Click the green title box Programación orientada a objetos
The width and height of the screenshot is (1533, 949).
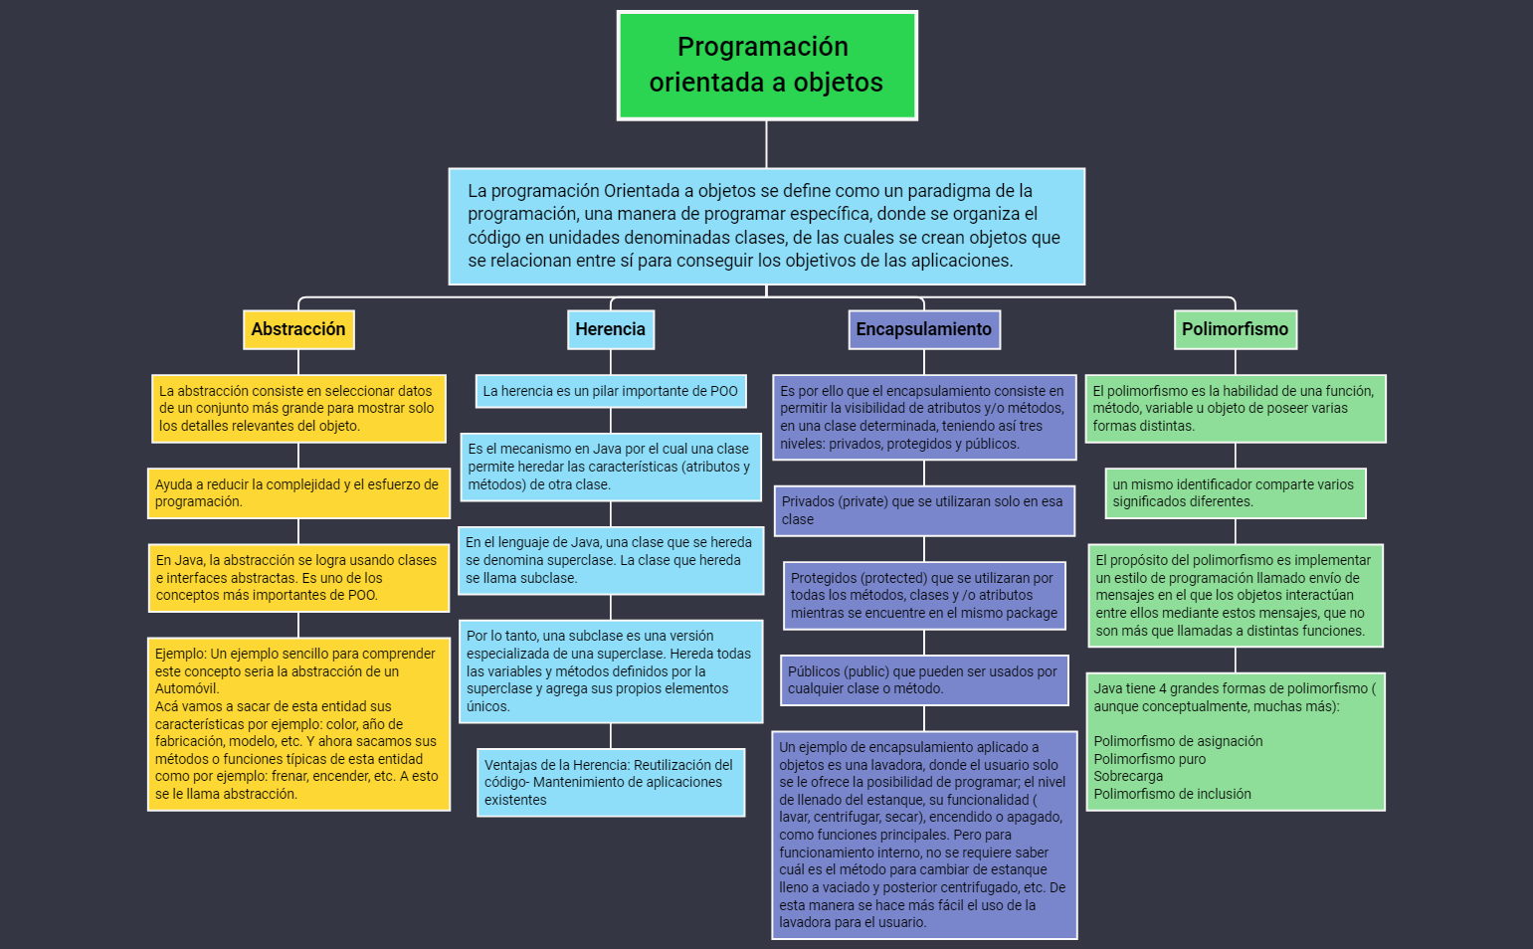766,66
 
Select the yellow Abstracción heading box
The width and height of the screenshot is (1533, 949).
298,329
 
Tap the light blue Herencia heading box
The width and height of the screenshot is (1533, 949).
610,329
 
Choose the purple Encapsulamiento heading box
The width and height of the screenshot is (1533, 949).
923,329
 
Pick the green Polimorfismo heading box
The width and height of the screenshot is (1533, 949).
1235,329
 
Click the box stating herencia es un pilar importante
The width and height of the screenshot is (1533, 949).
610,391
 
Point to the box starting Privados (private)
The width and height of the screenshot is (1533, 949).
923,510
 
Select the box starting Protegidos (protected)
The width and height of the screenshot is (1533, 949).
923,595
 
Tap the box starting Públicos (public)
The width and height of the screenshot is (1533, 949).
923,679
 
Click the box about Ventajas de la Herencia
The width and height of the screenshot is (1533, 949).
610,782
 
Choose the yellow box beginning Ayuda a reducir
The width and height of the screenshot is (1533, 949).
298,492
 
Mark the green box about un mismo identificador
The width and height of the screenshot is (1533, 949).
1235,492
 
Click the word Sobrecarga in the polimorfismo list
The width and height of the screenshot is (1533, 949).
1128,777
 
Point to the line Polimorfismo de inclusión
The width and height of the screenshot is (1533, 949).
1172,794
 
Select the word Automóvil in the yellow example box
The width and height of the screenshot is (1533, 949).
187,688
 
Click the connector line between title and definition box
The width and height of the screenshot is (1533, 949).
766,144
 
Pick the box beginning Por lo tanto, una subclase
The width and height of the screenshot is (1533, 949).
610,670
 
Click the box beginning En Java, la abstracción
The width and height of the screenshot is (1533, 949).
298,577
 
